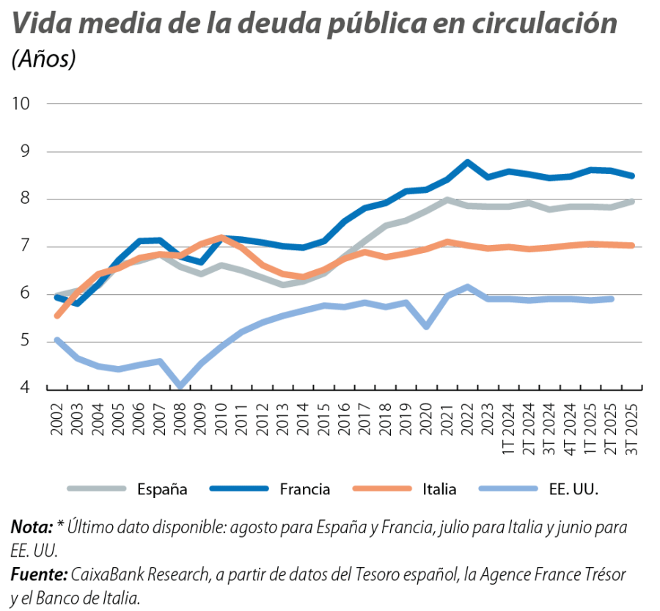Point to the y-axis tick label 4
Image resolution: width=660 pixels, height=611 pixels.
(25, 388)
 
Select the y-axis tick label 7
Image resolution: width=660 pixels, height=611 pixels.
(25, 246)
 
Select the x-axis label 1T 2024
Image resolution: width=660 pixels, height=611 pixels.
(509, 428)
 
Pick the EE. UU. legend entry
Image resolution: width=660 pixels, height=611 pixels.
(573, 489)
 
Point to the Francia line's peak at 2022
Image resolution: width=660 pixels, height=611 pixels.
(467, 162)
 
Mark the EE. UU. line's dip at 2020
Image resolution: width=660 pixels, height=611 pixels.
(426, 326)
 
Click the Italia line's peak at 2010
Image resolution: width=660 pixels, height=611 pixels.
(221, 237)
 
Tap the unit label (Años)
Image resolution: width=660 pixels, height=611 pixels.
(44, 59)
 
